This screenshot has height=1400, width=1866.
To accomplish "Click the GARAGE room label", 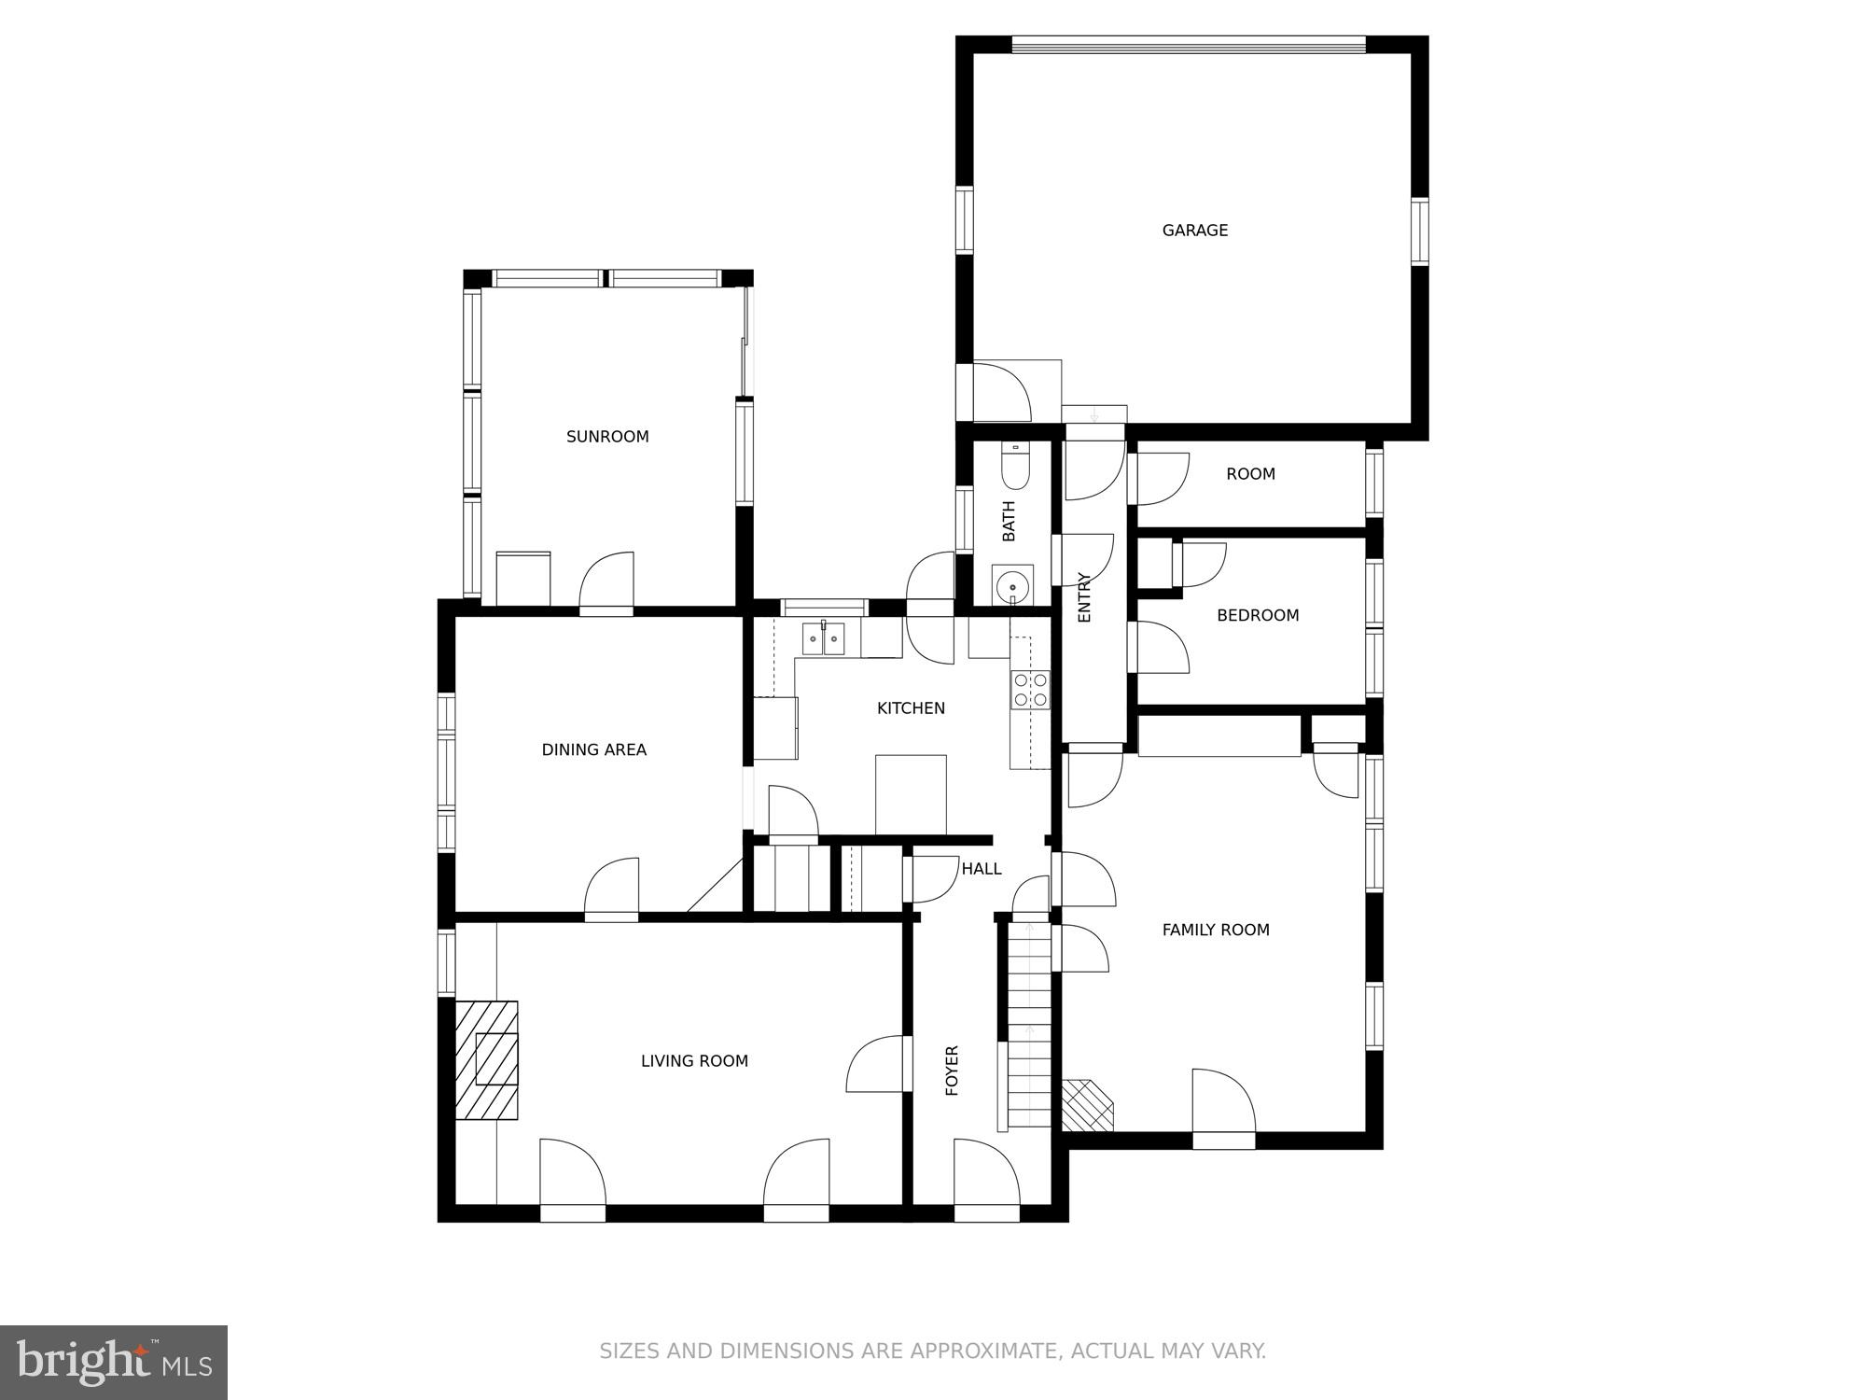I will click(x=1194, y=231).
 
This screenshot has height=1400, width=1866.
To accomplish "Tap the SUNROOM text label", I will click(x=607, y=437).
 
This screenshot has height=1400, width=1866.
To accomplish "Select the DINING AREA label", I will click(x=593, y=749).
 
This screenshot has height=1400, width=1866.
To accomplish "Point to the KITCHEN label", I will click(x=911, y=708).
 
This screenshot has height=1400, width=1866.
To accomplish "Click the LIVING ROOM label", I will click(x=694, y=1061).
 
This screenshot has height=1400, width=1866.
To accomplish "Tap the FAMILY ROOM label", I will click(x=1215, y=930).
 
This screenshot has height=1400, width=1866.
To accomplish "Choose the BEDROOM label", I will click(x=1258, y=615).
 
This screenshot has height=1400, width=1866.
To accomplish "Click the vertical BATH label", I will click(x=1009, y=521).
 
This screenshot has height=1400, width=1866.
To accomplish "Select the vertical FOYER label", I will click(x=953, y=1071).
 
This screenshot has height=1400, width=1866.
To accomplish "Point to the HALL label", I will click(x=982, y=869).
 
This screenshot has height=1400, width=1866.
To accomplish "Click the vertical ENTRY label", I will click(x=1084, y=597).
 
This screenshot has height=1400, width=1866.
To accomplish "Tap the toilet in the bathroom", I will click(x=1014, y=467).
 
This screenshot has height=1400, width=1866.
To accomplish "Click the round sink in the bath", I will click(x=1012, y=588).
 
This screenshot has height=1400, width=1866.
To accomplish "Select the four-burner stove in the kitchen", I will click(x=1030, y=690).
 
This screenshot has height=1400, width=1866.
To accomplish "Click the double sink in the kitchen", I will click(x=824, y=639).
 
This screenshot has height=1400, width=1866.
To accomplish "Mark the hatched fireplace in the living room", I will click(x=487, y=1059).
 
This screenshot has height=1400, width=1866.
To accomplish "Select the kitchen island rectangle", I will click(x=911, y=794).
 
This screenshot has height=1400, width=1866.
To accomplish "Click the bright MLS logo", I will click(x=114, y=1363).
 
